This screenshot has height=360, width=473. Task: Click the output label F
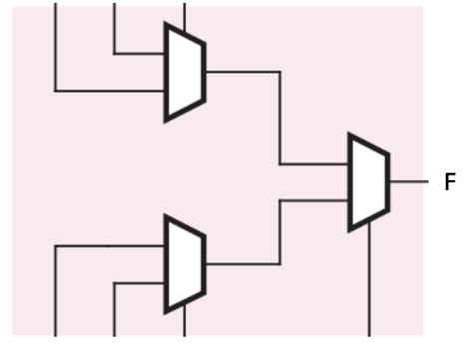[x=450, y=182]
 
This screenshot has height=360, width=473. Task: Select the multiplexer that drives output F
[x=368, y=181]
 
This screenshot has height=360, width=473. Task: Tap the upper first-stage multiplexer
[x=185, y=72]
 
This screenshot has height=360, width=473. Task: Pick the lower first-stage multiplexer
[x=185, y=264]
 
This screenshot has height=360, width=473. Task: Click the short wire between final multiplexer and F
[x=407, y=182]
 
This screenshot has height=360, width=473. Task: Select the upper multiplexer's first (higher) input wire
[x=140, y=53]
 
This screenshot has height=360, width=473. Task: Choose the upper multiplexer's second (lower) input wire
[x=110, y=91]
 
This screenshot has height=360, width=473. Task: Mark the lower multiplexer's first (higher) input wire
[x=110, y=246]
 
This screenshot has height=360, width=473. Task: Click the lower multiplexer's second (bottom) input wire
[x=140, y=284]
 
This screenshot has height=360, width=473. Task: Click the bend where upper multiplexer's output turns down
[x=279, y=72]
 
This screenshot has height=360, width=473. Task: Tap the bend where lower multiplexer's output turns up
[x=279, y=264]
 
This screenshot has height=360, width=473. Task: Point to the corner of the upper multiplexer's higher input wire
[x=115, y=53]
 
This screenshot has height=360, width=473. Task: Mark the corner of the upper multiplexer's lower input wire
[x=55, y=91]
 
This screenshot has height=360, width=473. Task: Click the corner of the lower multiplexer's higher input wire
[x=55, y=246]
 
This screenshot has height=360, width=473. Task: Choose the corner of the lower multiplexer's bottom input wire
[x=115, y=284]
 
